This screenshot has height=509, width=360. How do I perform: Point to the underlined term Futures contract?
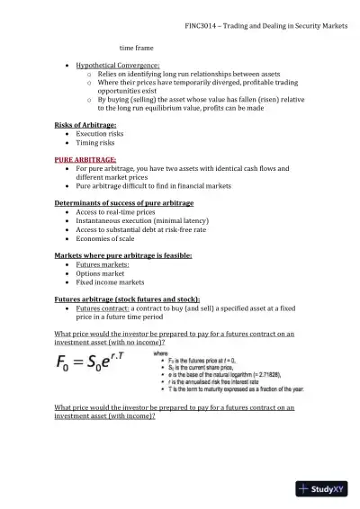(x=104, y=308)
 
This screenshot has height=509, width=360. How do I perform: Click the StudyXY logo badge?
(x=327, y=489)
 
